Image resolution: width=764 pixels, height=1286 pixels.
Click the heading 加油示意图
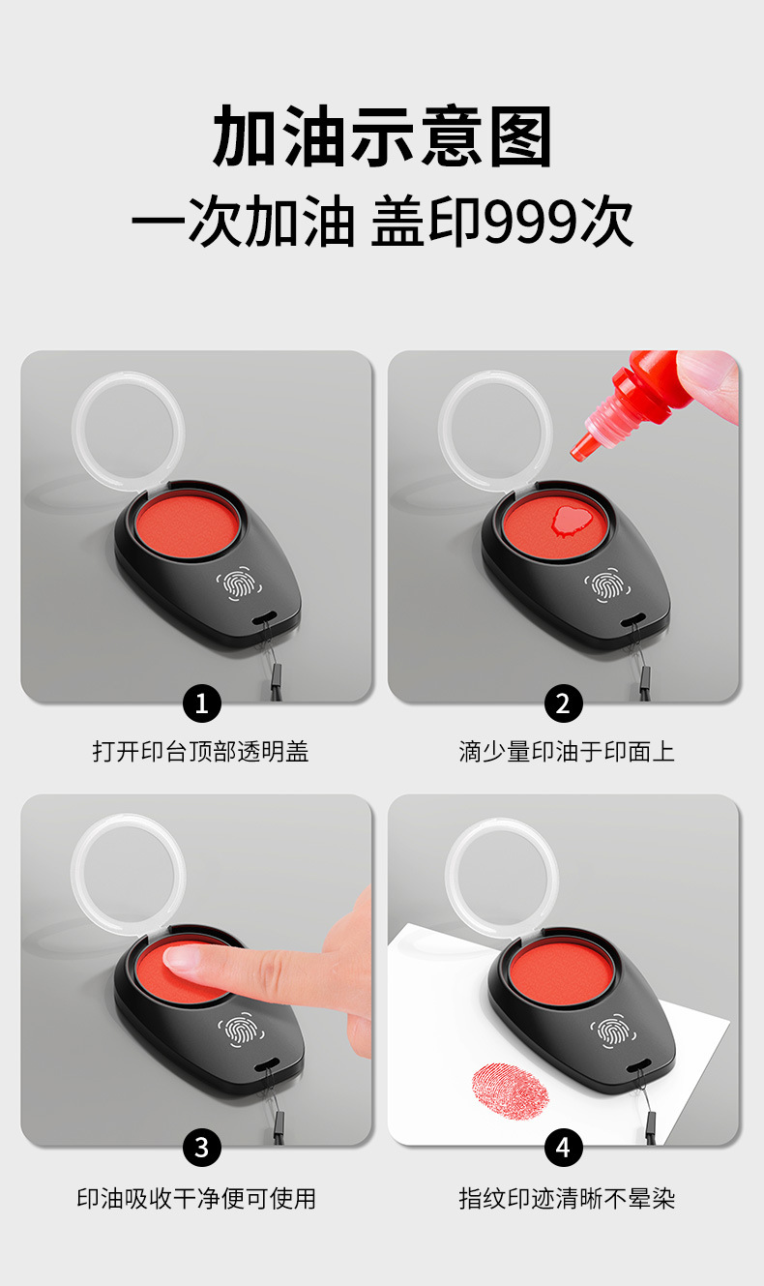382,137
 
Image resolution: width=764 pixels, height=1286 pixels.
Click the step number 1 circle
201,703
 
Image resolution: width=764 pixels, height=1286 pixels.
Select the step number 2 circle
564,703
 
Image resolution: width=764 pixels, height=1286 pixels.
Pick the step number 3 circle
201,1148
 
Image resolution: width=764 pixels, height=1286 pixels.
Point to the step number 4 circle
564,1148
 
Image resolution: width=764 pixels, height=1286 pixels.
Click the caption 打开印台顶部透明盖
200,751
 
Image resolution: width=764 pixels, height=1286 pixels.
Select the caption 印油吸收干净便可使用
196,1198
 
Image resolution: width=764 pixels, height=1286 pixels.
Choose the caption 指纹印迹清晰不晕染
566,1198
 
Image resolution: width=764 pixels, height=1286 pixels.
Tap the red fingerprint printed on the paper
510,1091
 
